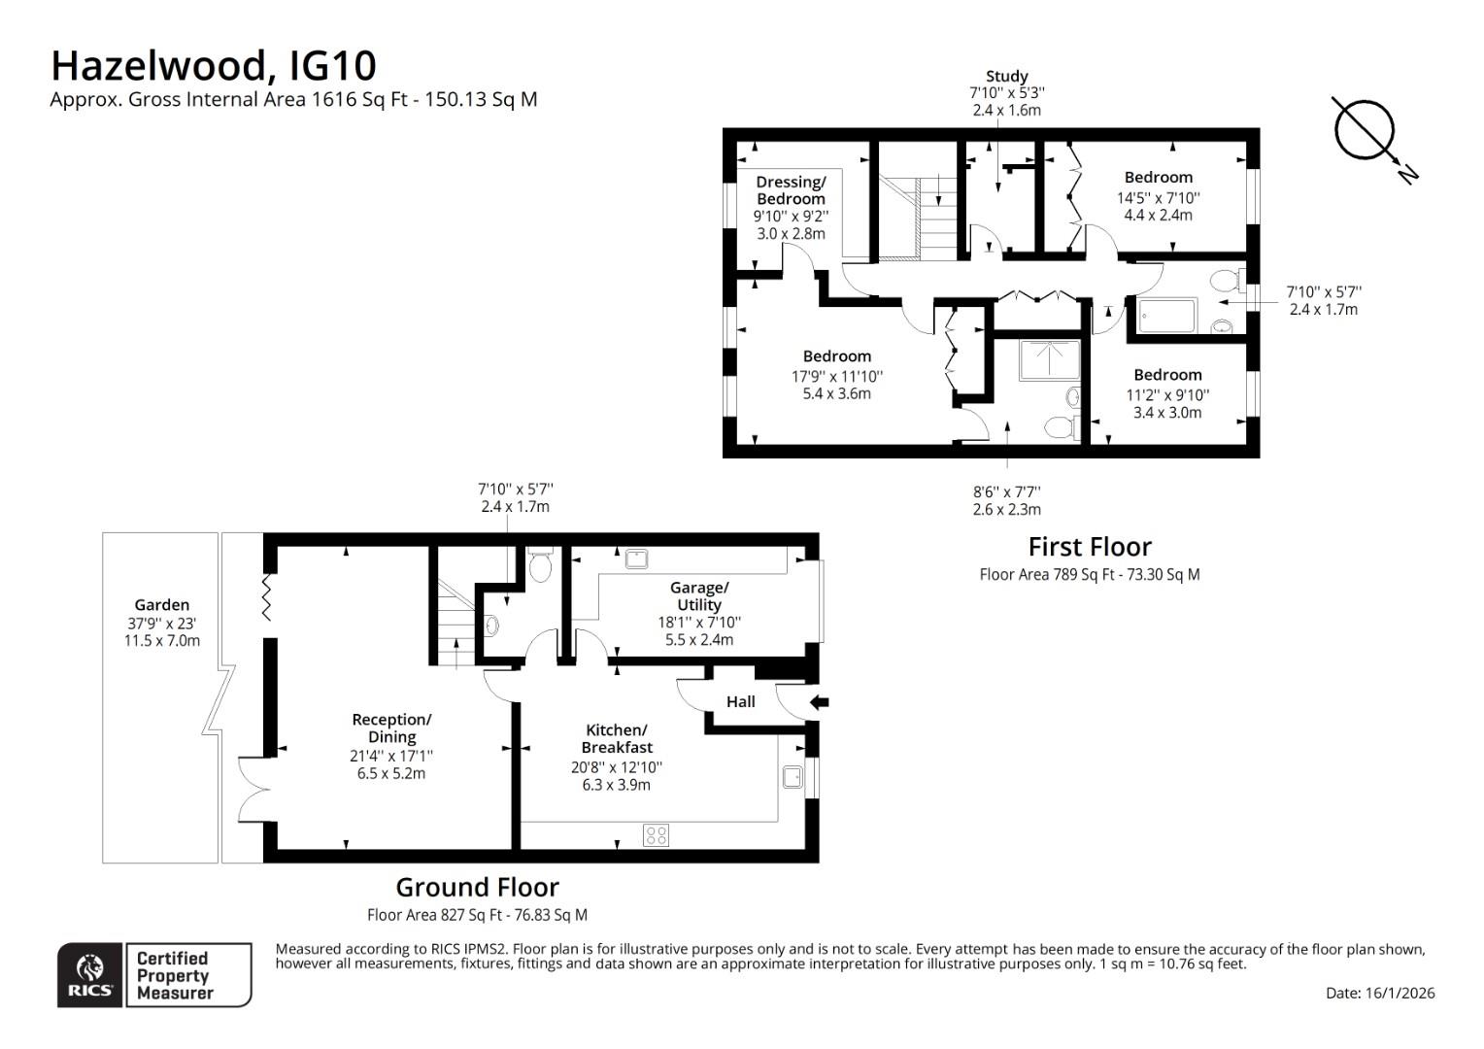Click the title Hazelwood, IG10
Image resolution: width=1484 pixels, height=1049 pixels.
[x=213, y=66]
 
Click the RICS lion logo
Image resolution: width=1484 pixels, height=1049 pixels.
[x=90, y=974]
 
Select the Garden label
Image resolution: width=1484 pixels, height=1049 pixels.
[x=162, y=604]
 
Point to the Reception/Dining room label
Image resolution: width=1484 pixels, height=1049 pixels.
[x=391, y=728]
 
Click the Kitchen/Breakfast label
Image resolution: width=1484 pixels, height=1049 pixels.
[x=617, y=738]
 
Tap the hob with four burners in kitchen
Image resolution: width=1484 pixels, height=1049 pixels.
[x=656, y=834]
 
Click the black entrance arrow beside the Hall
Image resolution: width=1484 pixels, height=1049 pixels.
[x=819, y=701]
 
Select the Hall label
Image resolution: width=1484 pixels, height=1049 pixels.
[x=740, y=701]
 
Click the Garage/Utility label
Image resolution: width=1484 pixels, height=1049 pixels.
[x=698, y=595]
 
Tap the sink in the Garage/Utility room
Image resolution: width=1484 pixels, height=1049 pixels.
[x=637, y=558]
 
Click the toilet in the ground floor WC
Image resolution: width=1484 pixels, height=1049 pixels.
[x=540, y=566]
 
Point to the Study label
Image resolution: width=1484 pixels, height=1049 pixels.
[x=1006, y=76]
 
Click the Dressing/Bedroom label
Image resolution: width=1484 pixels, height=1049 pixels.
[x=791, y=190]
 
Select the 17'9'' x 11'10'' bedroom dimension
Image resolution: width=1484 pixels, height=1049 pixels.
[x=836, y=376]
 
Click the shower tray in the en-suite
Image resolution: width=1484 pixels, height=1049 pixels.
[x=1048, y=359]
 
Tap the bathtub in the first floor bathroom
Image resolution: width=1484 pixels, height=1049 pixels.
[x=1167, y=316]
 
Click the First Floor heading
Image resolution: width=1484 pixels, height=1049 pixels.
[x=1090, y=547]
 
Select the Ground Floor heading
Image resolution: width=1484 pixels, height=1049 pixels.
[x=477, y=887]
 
